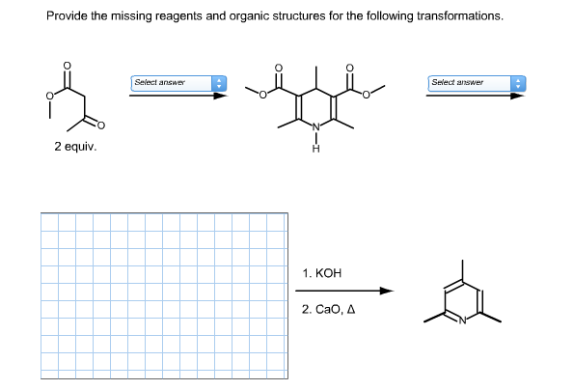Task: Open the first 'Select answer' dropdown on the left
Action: point(178,83)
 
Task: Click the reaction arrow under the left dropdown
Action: point(178,95)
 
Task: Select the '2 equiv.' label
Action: point(75,148)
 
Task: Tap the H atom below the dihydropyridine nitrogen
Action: point(314,148)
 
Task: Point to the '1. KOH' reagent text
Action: point(322,273)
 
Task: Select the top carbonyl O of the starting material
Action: point(67,67)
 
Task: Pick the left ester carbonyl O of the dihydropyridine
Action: point(280,70)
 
